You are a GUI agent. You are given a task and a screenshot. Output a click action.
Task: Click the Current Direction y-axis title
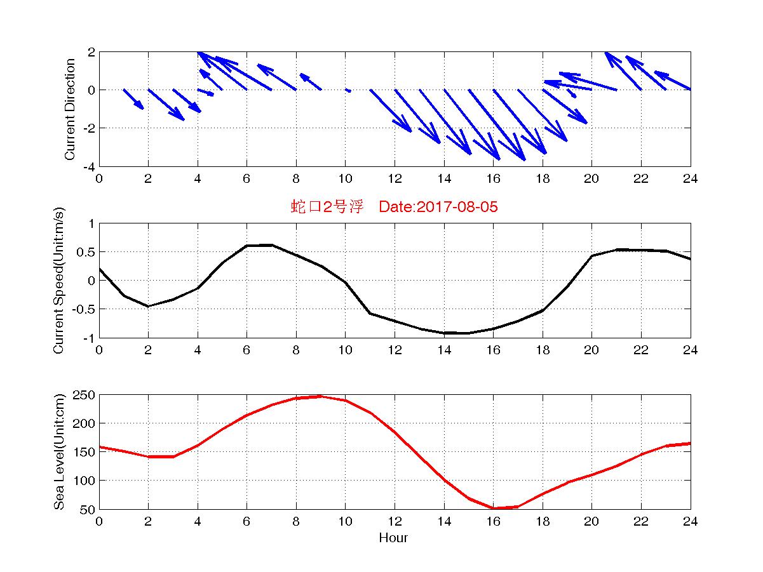coord(70,109)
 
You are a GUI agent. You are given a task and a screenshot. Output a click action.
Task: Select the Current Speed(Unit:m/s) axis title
coord(58,280)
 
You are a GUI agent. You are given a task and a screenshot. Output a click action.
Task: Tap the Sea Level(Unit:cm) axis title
coord(58,451)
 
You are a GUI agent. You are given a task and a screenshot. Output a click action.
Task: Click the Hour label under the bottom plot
coord(394,538)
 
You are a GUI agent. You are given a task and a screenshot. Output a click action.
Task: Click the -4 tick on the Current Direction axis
coord(89,166)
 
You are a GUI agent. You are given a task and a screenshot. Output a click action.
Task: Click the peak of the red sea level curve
coord(320,396)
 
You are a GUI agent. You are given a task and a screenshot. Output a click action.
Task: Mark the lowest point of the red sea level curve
coord(494,508)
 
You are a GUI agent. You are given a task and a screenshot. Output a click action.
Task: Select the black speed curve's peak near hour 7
coord(271,244)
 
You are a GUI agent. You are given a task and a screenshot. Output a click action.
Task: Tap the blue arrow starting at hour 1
coord(133,99)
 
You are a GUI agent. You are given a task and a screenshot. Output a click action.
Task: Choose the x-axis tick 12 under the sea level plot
coord(395,522)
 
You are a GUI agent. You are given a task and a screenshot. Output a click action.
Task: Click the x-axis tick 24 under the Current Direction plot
coord(690,179)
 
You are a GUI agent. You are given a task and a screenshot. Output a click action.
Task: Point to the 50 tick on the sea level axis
coord(88,509)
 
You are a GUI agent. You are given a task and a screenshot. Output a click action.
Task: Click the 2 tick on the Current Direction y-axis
coord(91,52)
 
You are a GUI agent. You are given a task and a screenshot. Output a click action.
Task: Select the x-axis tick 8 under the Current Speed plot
coord(296,350)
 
